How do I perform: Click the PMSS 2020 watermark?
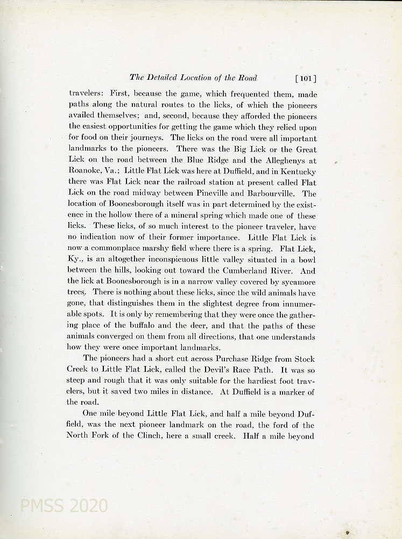tap(64, 506)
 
